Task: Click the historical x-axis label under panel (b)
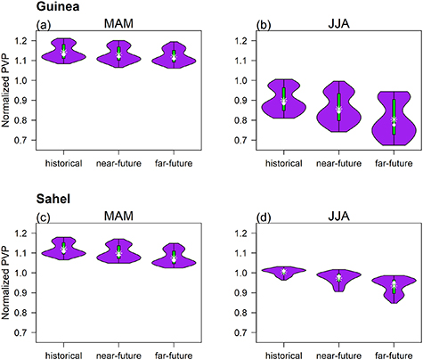(283, 163)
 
